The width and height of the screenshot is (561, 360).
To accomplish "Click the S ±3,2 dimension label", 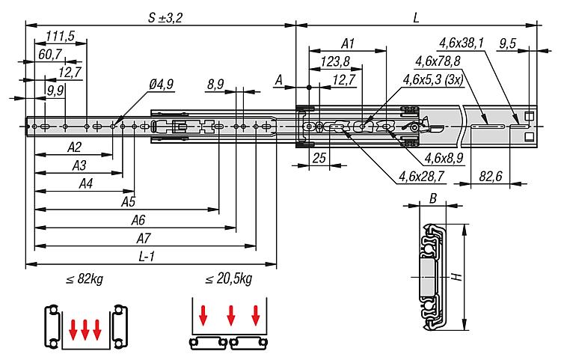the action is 165,18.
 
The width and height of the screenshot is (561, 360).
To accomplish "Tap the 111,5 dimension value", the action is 60,36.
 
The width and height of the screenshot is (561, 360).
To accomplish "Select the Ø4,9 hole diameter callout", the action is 161,85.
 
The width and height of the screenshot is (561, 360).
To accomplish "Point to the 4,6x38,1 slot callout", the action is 462,43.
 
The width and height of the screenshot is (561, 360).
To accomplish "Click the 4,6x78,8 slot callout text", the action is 438,61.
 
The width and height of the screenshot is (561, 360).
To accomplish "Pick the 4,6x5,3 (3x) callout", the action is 433,79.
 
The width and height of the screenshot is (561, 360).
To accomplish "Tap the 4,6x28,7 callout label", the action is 421,176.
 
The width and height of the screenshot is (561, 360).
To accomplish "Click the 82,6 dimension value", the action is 491,176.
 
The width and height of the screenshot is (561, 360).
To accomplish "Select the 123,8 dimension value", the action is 335,61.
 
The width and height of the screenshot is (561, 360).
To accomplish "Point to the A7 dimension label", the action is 144,238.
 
